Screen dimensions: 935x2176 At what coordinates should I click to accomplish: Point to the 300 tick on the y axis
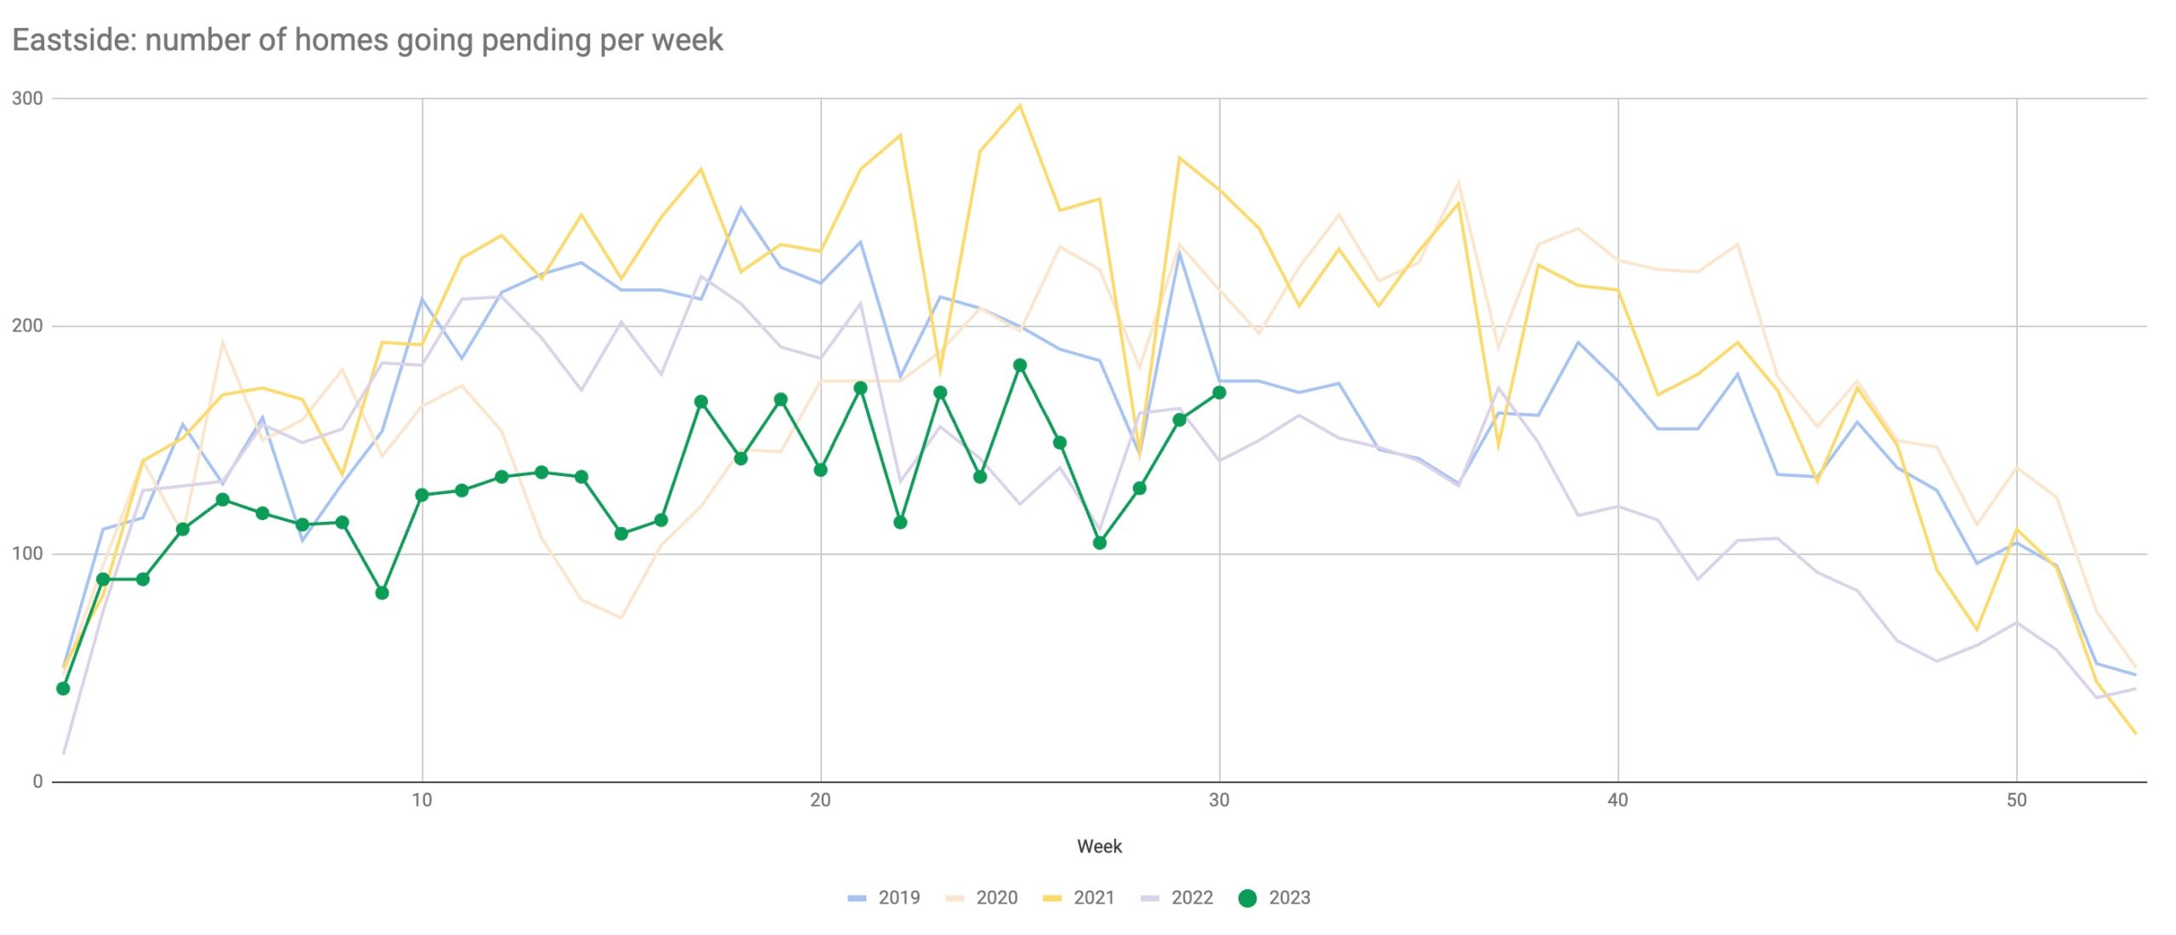(27, 99)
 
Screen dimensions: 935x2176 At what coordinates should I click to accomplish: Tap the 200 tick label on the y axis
(27, 326)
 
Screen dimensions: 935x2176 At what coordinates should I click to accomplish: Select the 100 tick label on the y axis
(27, 553)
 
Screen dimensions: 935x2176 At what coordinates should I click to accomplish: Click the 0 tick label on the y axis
(37, 781)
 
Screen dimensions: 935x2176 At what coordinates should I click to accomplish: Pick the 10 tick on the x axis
(422, 800)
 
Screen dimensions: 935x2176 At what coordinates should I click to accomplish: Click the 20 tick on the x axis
(820, 800)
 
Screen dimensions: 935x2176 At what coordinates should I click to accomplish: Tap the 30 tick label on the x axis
(1219, 800)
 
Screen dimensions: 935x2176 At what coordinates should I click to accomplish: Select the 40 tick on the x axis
(1618, 800)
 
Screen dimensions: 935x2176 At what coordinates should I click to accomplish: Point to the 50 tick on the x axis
(2016, 800)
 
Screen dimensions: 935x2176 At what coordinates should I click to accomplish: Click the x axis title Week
(1099, 847)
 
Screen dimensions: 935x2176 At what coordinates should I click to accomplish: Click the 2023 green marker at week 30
(1219, 393)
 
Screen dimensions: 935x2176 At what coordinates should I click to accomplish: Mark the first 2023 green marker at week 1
(63, 688)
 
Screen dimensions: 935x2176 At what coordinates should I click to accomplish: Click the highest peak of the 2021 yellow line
(1020, 105)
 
